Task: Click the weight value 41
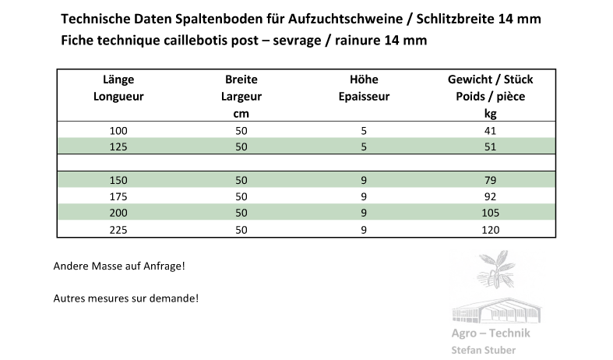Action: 490,131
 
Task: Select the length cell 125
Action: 119,146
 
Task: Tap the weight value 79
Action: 490,181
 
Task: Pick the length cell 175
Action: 119,196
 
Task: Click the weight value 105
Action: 490,213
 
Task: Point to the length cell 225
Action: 119,229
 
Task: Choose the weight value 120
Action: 490,229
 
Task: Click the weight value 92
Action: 490,196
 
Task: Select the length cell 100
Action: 119,131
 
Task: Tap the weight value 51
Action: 490,146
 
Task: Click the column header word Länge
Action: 119,79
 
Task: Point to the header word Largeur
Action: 241,97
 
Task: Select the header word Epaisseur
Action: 364,97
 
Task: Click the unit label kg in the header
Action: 490,114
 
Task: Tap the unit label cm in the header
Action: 241,114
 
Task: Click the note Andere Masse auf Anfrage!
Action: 119,266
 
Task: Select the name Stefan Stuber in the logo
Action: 483,350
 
